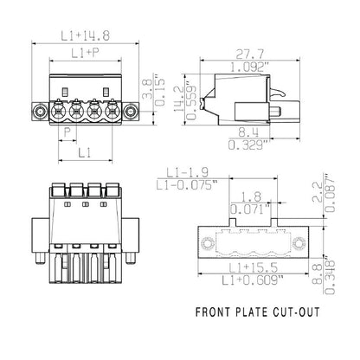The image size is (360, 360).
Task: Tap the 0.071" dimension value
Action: [251, 209]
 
